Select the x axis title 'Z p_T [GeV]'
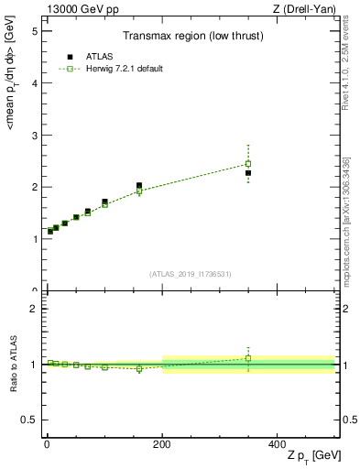pos(311,455)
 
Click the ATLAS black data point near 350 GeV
pos(248,173)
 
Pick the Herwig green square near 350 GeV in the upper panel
pos(248,164)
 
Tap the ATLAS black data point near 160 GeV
pos(139,185)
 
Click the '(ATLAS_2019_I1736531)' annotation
pos(191,274)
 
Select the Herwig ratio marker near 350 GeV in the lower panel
pos(248,358)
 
